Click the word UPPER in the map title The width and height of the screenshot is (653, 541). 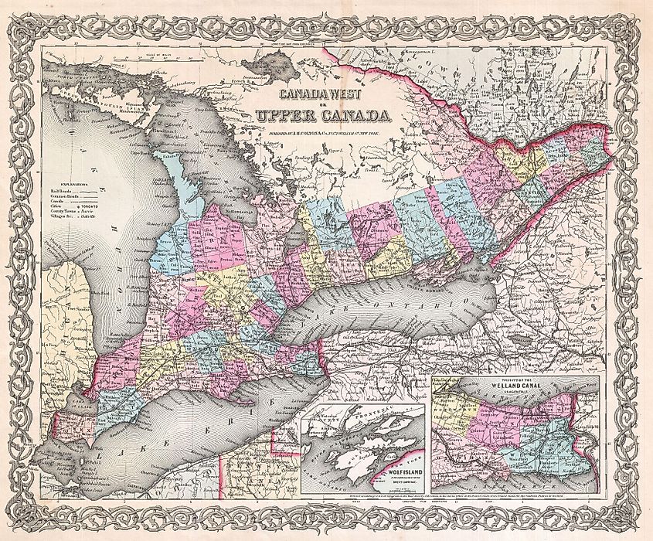(x=283, y=117)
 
